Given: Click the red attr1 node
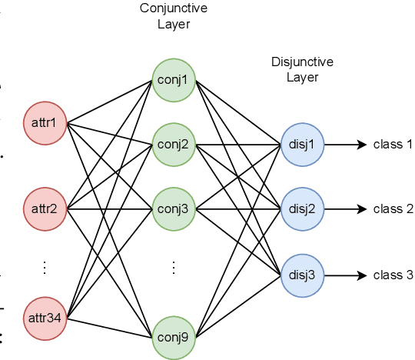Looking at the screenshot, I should (45, 122).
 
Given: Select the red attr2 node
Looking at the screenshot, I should (45, 208).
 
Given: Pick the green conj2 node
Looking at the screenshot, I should (174, 143).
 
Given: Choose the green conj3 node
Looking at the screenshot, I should (174, 208).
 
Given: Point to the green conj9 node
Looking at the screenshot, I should (174, 336).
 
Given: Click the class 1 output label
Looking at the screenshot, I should (393, 144).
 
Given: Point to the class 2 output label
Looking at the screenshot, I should (393, 209).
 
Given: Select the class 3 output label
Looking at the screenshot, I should (393, 275).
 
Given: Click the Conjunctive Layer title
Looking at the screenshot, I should (174, 16).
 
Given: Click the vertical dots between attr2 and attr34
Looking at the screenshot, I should (45, 267).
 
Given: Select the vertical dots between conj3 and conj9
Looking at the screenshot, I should (174, 267).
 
